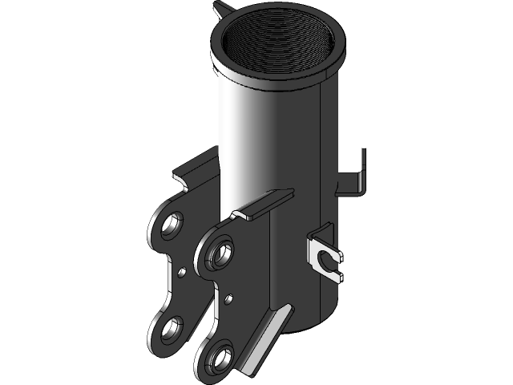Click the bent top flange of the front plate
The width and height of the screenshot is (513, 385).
261,205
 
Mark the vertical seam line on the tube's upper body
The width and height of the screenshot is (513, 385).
321,128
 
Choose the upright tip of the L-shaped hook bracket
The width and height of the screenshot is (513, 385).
363,164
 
